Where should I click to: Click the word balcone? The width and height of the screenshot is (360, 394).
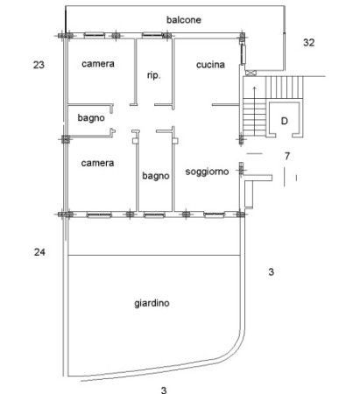pyautogui.click(x=184, y=20)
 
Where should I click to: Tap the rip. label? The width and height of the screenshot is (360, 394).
pyautogui.click(x=153, y=75)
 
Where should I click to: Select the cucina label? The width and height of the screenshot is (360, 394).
pyautogui.click(x=210, y=65)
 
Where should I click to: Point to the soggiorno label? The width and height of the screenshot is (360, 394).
pyautogui.click(x=207, y=172)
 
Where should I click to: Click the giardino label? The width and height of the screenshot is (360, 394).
pyautogui.click(x=152, y=303)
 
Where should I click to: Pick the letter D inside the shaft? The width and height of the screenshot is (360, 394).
pyautogui.click(x=284, y=121)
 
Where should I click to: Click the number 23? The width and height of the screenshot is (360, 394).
pyautogui.click(x=39, y=65)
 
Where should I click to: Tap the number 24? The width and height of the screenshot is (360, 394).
pyautogui.click(x=39, y=251)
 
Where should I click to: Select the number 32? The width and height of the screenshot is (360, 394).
pyautogui.click(x=308, y=43)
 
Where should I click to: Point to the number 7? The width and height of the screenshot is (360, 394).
pyautogui.click(x=287, y=156)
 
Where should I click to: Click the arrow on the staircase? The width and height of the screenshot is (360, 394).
pyautogui.click(x=254, y=111)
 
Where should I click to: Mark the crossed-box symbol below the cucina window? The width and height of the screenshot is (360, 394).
pyautogui.click(x=251, y=73)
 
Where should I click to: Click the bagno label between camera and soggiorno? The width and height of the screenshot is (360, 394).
pyautogui.click(x=156, y=176)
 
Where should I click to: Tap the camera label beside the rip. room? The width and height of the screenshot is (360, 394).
pyautogui.click(x=98, y=64)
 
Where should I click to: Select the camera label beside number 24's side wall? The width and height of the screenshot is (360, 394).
pyautogui.click(x=97, y=163)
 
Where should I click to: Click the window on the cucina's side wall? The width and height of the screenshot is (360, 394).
pyautogui.click(x=243, y=54)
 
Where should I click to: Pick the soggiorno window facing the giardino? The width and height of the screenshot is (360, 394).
pyautogui.click(x=215, y=215)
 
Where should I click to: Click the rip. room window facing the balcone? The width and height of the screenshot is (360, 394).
pyautogui.click(x=152, y=35)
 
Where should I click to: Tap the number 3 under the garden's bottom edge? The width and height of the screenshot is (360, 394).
pyautogui.click(x=164, y=390)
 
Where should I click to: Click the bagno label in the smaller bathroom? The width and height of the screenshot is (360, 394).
pyautogui.click(x=91, y=118)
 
